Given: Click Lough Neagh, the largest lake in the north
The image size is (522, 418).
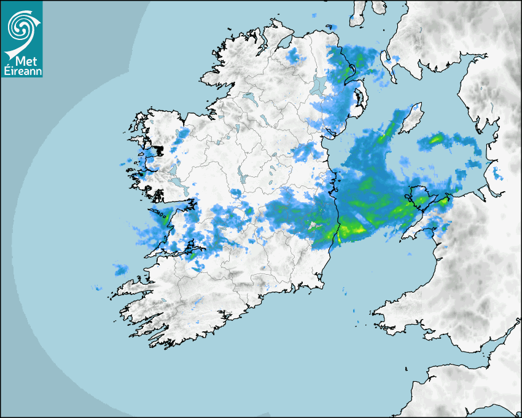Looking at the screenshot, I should [x=317, y=85].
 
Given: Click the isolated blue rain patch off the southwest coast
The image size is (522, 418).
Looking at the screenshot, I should [x=120, y=269].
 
